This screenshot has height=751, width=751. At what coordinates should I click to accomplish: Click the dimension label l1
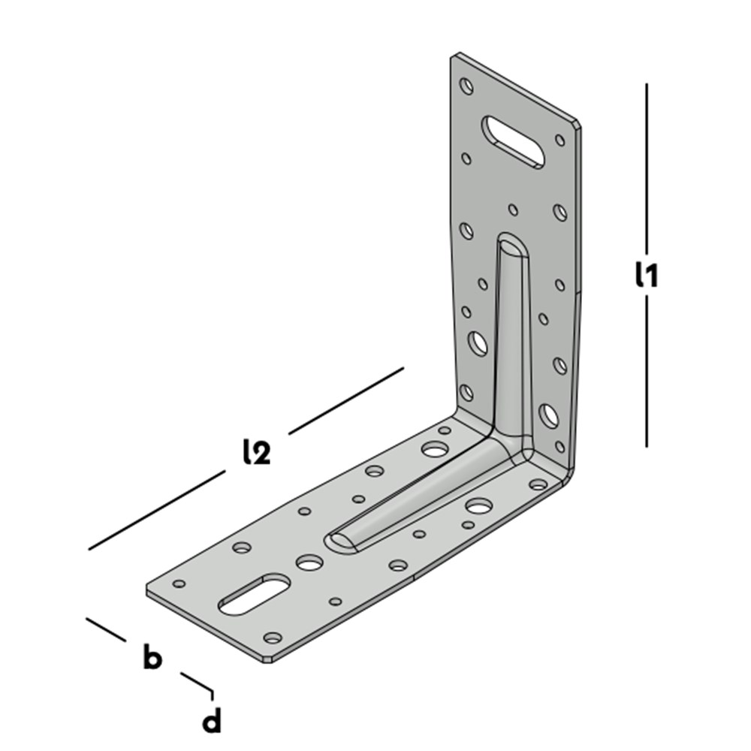(x=647, y=274)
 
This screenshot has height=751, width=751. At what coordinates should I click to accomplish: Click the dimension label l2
(x=257, y=451)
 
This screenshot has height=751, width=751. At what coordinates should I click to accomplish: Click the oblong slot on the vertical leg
(x=513, y=142)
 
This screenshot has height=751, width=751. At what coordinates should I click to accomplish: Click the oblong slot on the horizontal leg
(x=255, y=594)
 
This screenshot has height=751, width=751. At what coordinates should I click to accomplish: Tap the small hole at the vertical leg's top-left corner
(x=466, y=86)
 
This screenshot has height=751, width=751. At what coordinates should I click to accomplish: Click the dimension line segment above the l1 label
(x=647, y=168)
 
